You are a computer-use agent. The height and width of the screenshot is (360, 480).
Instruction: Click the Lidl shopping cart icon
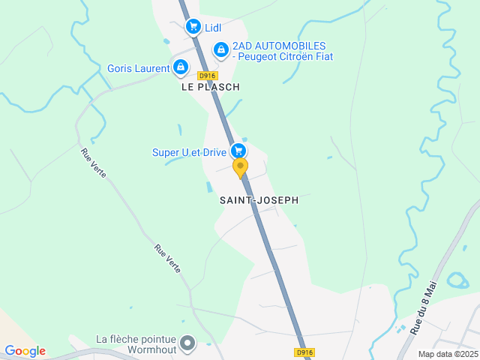pos(193,27)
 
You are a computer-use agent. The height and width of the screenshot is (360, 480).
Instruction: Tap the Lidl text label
pos(214,28)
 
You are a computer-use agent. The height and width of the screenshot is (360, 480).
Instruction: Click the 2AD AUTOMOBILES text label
pos(282,51)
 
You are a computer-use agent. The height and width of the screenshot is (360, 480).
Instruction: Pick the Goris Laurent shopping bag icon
pos(180,67)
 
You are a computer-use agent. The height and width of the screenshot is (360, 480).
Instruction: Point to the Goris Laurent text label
pos(139,68)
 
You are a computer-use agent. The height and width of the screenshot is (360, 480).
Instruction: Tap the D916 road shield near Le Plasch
pos(207,76)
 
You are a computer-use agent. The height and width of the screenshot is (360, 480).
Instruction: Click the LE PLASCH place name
pos(210,87)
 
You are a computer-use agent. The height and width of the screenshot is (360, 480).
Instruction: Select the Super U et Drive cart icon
pos(238,151)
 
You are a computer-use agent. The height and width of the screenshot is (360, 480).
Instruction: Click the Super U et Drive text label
pos(189,152)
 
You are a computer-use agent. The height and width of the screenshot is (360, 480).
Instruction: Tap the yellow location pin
pos(240,167)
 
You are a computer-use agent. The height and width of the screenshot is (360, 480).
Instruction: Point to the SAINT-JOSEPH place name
pos(259,200)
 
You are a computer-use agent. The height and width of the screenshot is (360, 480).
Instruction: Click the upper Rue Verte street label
pos(94,163)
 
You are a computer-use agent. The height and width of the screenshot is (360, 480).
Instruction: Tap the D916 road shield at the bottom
pos(304,352)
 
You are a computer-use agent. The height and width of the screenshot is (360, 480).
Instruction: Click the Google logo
pos(25,351)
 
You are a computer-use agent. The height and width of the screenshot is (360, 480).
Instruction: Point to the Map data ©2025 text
pos(448,354)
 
